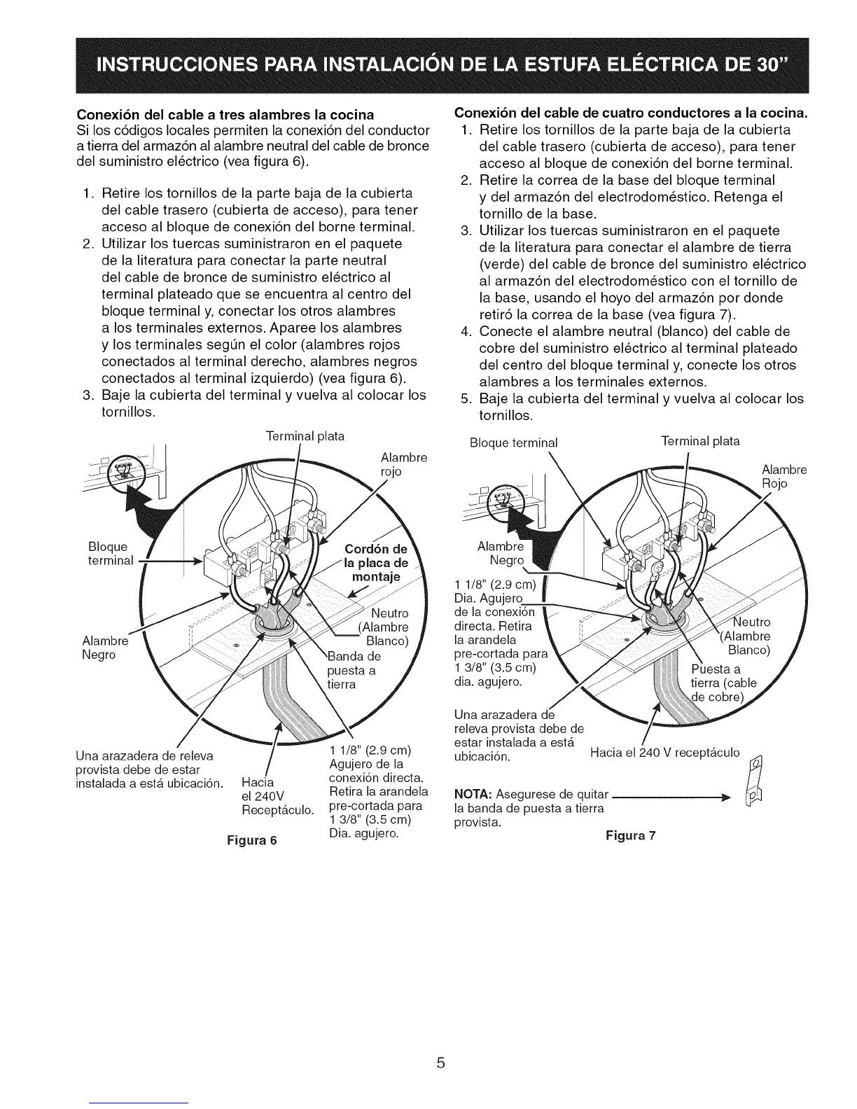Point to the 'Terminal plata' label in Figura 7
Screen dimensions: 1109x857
tap(700, 441)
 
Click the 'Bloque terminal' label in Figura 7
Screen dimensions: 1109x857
tap(514, 442)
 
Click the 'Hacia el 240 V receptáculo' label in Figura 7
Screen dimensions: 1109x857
tap(664, 753)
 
